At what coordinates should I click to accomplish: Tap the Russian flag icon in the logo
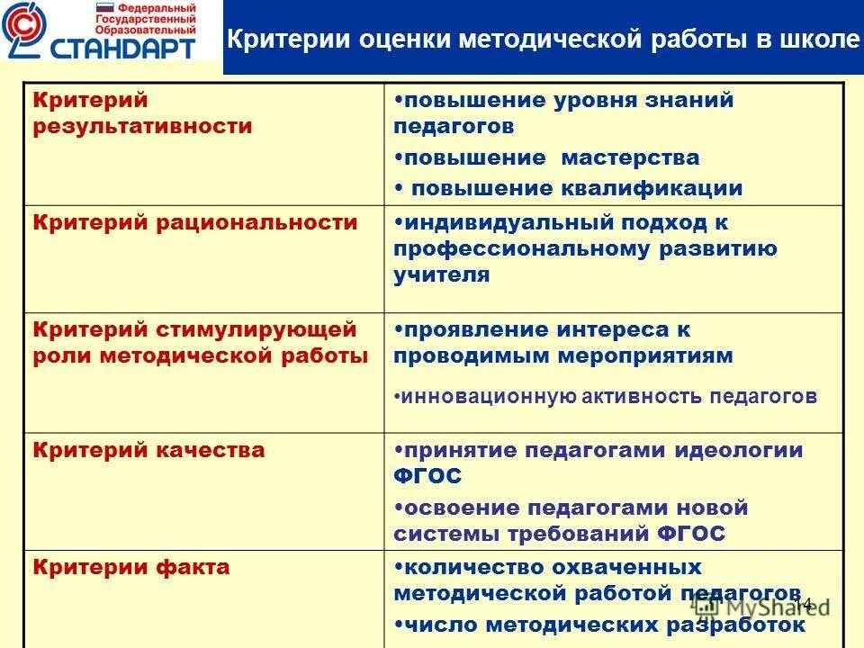pos(104,7)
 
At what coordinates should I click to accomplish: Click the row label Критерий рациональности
pos(195,222)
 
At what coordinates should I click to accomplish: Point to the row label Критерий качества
pos(149,450)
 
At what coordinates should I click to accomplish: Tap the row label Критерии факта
pos(131,567)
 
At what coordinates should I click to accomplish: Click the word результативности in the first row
pos(142,126)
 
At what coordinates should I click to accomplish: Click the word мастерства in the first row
pos(630,158)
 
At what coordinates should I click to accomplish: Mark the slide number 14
pos(804,604)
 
